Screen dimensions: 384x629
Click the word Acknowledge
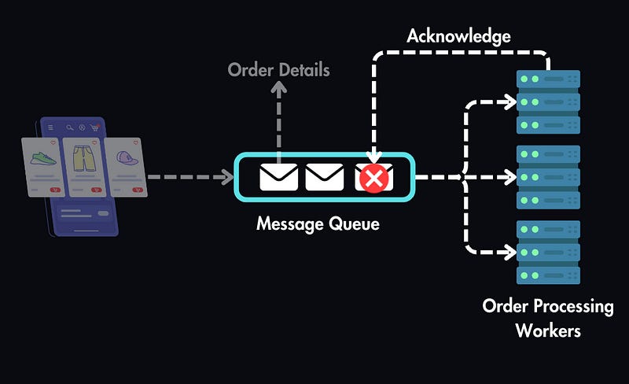coord(458,36)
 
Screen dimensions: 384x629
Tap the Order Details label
coord(278,70)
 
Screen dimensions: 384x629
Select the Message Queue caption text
coord(318,224)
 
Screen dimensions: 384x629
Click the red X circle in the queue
coord(374,179)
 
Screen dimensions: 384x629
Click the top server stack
coord(548,102)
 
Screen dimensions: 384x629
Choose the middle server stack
coord(548,177)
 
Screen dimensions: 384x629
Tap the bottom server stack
coord(548,253)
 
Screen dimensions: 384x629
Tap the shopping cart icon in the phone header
coord(95,127)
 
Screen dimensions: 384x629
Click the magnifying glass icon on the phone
coord(70,127)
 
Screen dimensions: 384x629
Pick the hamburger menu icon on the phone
coord(50,127)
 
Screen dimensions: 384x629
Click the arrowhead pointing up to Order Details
coord(278,90)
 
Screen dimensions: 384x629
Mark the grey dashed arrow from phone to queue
coord(189,178)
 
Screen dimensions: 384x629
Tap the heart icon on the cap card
coord(135,143)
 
